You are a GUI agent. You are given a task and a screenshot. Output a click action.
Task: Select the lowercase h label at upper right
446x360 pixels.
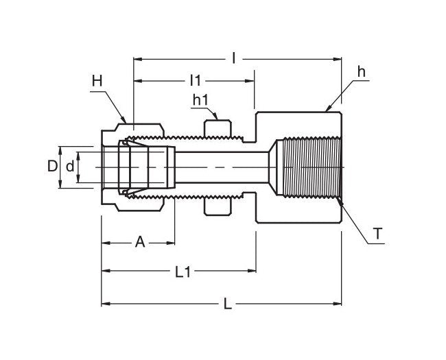(x=361, y=71)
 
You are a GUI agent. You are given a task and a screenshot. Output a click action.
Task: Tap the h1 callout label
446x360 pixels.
(x=200, y=100)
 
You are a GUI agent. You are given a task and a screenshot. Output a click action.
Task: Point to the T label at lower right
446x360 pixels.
(x=377, y=234)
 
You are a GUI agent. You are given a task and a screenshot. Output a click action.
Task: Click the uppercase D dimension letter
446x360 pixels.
(x=51, y=166)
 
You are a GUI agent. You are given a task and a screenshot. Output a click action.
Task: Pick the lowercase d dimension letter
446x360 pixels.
(x=69, y=166)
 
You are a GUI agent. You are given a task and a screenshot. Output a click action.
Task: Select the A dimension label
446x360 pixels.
(x=139, y=241)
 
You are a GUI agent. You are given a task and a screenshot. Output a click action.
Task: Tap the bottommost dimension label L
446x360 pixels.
(x=228, y=304)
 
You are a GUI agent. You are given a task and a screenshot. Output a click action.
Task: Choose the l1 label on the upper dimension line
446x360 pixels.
(x=195, y=81)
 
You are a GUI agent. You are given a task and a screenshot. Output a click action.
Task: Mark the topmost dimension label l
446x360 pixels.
(x=234, y=59)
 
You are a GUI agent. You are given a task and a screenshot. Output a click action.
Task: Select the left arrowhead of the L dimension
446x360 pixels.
(x=105, y=303)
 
